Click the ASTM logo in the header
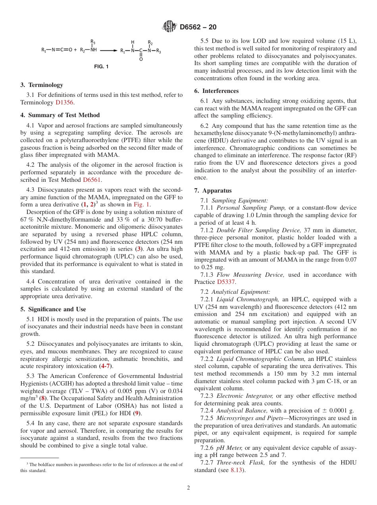(169, 27)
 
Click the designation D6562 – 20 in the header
(198, 27)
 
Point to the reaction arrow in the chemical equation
(108, 50)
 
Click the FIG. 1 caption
(101, 67)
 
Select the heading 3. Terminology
(42, 85)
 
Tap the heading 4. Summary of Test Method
(60, 115)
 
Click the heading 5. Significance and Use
(53, 309)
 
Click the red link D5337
(226, 282)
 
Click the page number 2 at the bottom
(188, 488)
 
